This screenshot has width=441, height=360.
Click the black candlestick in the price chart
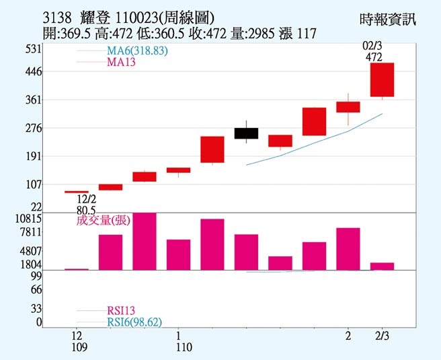246,133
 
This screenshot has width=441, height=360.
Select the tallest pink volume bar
145,242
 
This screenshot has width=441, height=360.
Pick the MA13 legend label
120,63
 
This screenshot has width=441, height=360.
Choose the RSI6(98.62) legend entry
134,322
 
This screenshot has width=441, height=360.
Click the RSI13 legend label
121,310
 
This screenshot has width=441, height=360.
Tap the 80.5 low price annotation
87,209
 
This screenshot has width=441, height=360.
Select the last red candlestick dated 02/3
382,79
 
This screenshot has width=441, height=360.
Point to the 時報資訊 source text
388,20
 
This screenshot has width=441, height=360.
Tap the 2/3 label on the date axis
381,335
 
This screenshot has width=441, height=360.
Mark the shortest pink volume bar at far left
77,269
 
